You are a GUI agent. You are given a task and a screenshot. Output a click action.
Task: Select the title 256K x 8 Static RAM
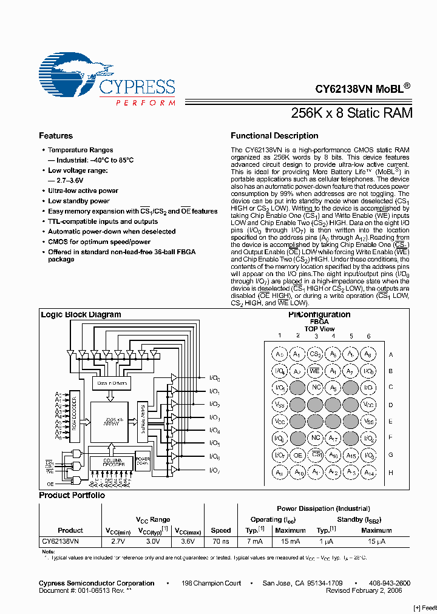[352, 113]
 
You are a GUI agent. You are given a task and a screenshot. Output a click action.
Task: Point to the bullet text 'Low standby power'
[79, 201]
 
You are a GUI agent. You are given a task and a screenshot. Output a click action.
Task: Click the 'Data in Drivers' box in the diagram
[110, 383]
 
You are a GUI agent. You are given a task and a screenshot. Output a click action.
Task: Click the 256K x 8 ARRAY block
[110, 422]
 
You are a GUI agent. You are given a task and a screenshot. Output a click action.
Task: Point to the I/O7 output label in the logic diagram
[214, 470]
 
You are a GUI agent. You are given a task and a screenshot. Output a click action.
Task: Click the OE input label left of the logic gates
[49, 484]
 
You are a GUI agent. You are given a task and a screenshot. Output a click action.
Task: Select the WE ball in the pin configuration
[315, 371]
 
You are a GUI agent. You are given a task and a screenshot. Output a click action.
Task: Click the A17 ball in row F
[333, 438]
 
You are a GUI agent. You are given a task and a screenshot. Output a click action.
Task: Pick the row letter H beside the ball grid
[390, 472]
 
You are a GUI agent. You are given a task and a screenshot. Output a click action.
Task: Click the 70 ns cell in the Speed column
[221, 540]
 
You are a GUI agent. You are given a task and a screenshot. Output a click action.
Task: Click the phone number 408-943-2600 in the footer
[390, 583]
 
